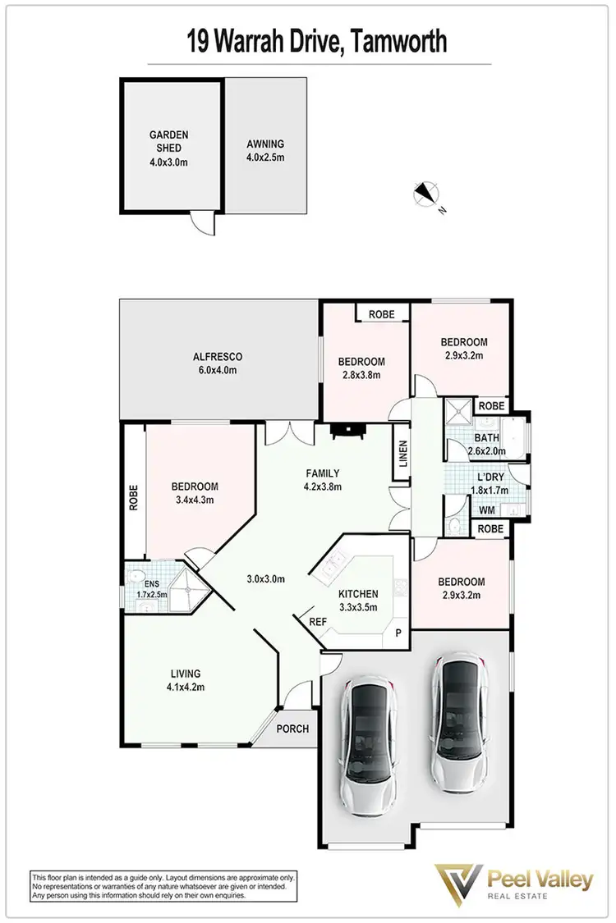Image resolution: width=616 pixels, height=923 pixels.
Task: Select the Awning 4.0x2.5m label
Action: [x=265, y=150]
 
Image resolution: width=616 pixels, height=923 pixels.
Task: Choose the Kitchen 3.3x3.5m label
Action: [x=357, y=601]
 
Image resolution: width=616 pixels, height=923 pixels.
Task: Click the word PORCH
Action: [x=292, y=729]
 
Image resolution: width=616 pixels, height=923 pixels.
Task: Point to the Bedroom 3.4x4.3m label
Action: [x=194, y=492]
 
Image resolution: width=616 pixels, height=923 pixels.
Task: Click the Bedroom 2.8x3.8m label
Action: [x=361, y=368]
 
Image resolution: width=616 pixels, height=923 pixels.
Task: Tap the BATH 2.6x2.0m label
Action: [x=485, y=445]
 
